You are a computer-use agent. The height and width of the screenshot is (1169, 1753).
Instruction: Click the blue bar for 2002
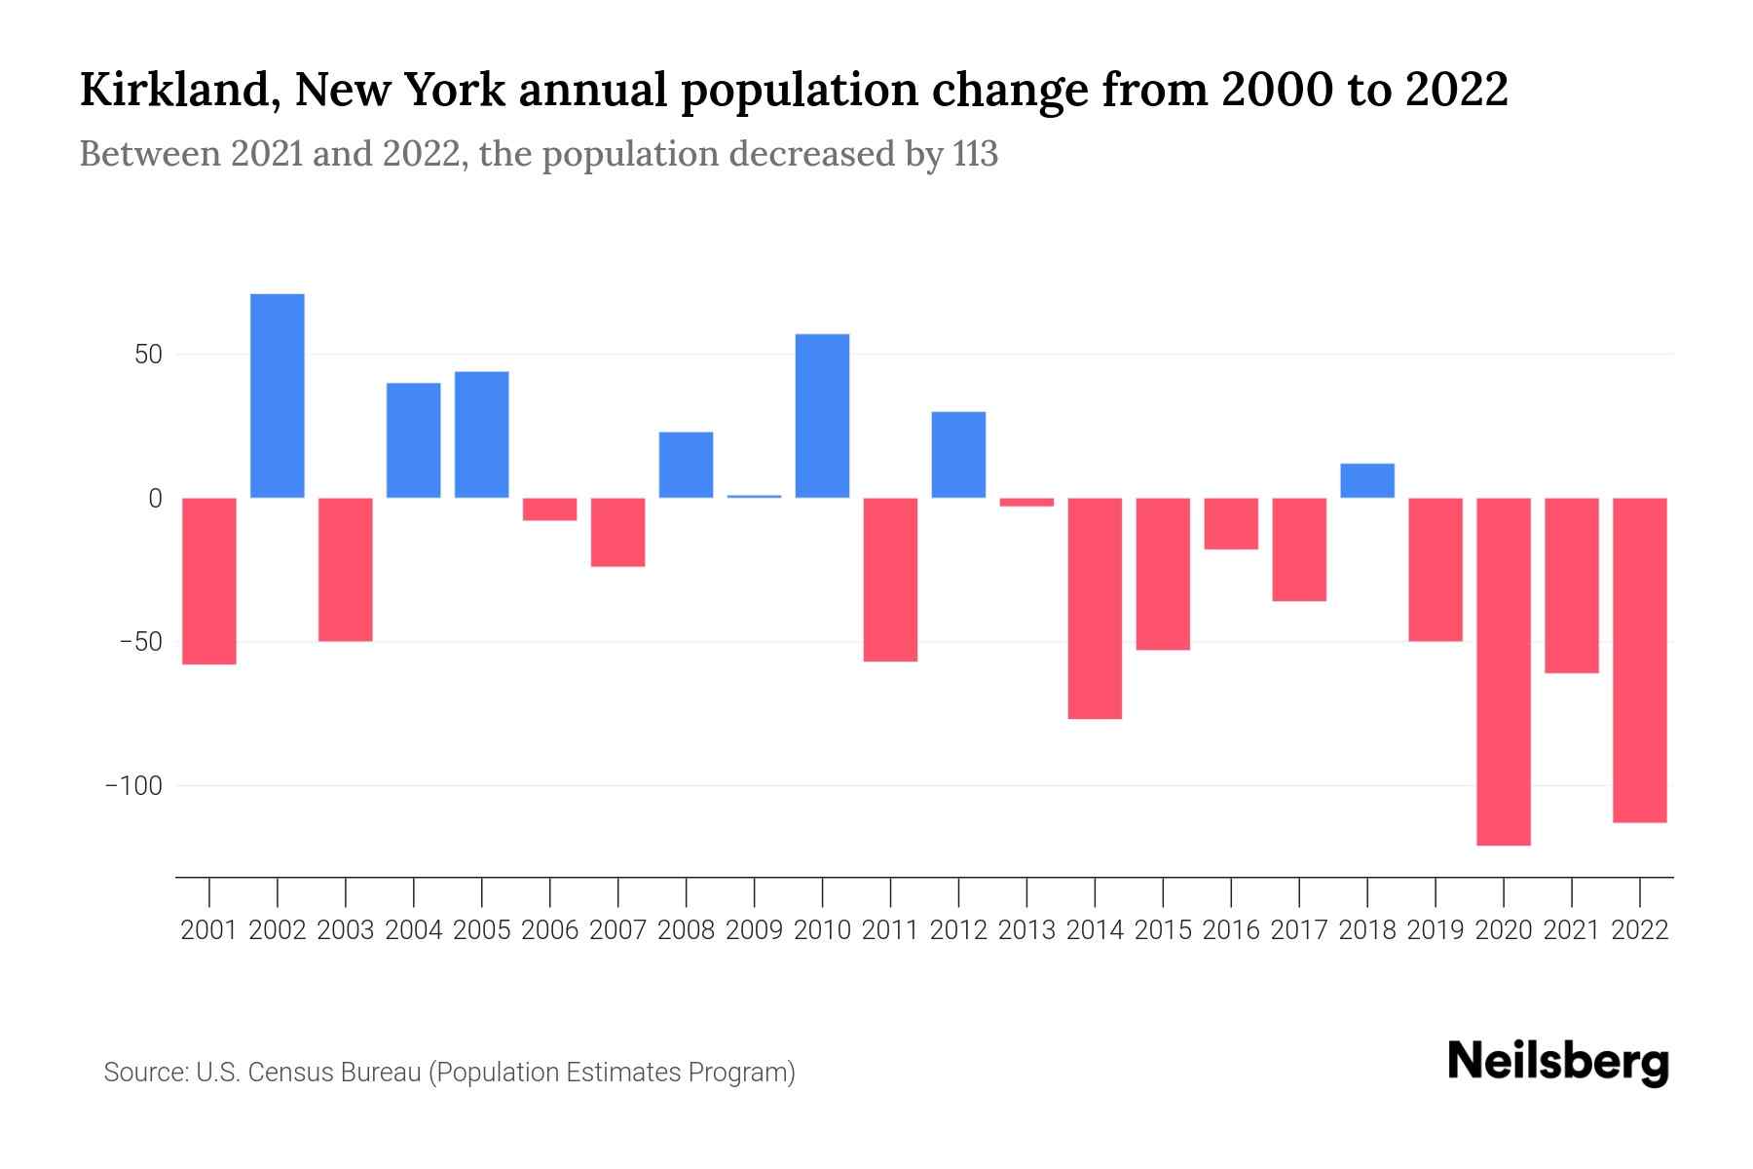(278, 396)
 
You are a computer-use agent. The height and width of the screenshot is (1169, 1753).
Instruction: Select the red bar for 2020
(1504, 671)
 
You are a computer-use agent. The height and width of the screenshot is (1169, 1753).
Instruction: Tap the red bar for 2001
(209, 581)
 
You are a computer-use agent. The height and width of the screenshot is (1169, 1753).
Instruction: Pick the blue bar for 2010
(822, 416)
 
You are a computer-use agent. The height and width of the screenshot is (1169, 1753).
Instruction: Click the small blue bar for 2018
(1367, 480)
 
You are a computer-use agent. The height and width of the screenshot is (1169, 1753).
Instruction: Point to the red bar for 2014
(1095, 608)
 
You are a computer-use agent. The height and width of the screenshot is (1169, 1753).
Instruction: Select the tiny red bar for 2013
(1026, 502)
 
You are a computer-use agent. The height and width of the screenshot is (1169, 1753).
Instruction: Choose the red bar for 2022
(1640, 660)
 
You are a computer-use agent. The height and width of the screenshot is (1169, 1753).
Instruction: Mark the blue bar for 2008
(686, 465)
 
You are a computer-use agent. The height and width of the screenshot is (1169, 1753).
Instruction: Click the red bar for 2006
(549, 509)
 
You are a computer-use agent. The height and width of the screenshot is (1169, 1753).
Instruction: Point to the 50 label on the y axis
(148, 355)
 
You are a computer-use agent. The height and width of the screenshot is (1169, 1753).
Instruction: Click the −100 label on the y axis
(133, 785)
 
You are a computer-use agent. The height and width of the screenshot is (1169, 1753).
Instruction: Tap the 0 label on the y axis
(155, 499)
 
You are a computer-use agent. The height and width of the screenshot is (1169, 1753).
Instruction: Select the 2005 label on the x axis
(481, 930)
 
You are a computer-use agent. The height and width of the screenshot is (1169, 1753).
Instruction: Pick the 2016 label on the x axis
(1231, 930)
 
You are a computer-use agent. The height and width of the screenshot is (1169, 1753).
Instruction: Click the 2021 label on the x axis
(1571, 930)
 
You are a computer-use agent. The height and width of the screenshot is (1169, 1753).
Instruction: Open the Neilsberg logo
(1558, 1063)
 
